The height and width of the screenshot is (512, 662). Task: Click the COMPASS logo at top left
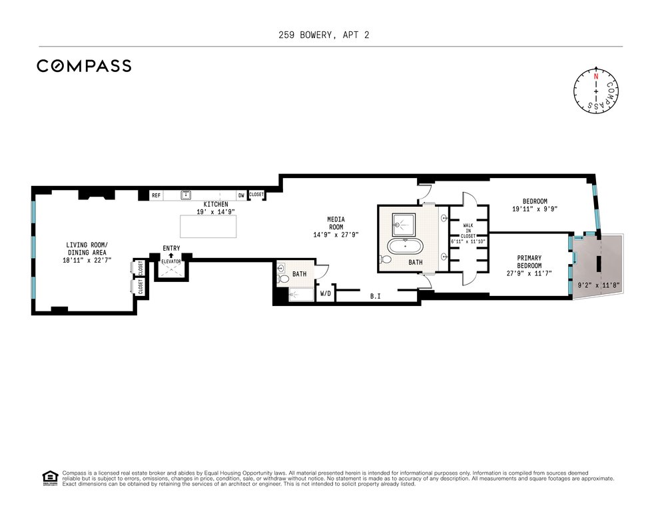pos(84,66)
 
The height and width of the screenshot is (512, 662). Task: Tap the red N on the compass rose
pos(596,77)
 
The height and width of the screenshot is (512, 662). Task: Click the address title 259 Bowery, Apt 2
pos(324,35)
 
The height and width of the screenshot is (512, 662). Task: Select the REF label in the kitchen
pos(157,195)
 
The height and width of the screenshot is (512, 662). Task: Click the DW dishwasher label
pos(241,195)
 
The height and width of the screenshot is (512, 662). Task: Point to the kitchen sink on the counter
pos(186,195)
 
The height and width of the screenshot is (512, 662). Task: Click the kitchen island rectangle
pos(208,226)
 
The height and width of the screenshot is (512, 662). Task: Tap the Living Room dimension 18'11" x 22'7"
pos(87,261)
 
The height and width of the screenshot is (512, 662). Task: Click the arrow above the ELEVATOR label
pos(171,255)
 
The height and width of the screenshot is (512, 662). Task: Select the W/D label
pos(326,293)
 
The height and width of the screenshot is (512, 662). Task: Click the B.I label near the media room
pos(376,297)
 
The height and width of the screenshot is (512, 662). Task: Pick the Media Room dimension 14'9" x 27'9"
pos(336,235)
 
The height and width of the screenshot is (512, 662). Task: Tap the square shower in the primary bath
pos(404,225)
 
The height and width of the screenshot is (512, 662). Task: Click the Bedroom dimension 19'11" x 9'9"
pos(535,209)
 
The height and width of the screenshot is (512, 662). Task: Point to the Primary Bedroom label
pos(529,262)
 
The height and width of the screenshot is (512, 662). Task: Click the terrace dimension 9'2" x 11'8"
pos(599,285)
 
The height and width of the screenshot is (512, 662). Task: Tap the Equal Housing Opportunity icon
pos(50,478)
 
